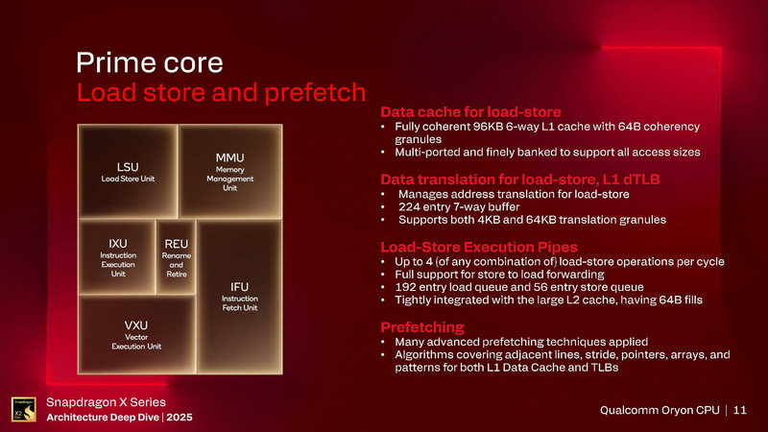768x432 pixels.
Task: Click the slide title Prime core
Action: click(150, 63)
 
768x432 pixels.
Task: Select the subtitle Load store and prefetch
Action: click(221, 93)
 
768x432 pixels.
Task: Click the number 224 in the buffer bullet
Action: click(405, 205)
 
